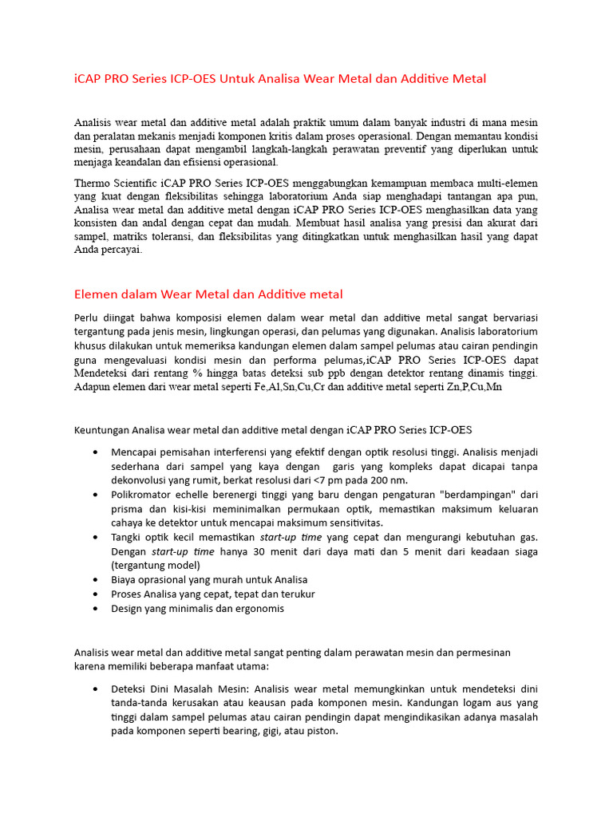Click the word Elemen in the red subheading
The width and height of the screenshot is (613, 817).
point(96,294)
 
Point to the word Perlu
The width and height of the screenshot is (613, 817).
point(88,318)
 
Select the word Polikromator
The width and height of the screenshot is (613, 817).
point(144,495)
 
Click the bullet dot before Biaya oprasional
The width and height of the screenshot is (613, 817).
point(95,580)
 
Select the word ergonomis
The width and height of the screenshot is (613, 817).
point(257,608)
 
